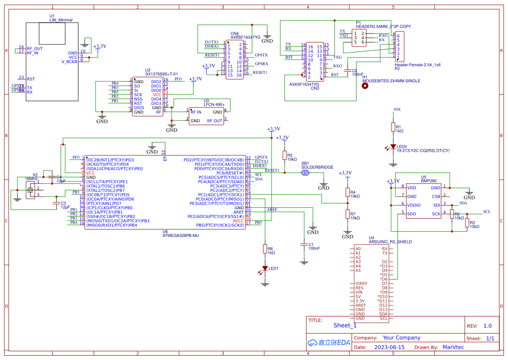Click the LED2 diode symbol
pos(393,147)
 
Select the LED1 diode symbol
pos(265,268)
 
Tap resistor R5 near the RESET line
pos(284,156)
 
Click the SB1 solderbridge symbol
pos(305,173)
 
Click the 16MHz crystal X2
pos(30,190)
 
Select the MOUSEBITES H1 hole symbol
pos(365,86)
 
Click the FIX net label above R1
pos(397,109)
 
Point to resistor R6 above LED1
pos(265,249)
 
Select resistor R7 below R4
pos(347,213)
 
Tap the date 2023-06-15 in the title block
pos(389,347)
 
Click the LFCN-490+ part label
pos(214,104)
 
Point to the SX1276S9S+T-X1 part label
pos(161,74)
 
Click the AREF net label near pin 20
pos(272,210)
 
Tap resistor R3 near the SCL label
pos(467,223)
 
